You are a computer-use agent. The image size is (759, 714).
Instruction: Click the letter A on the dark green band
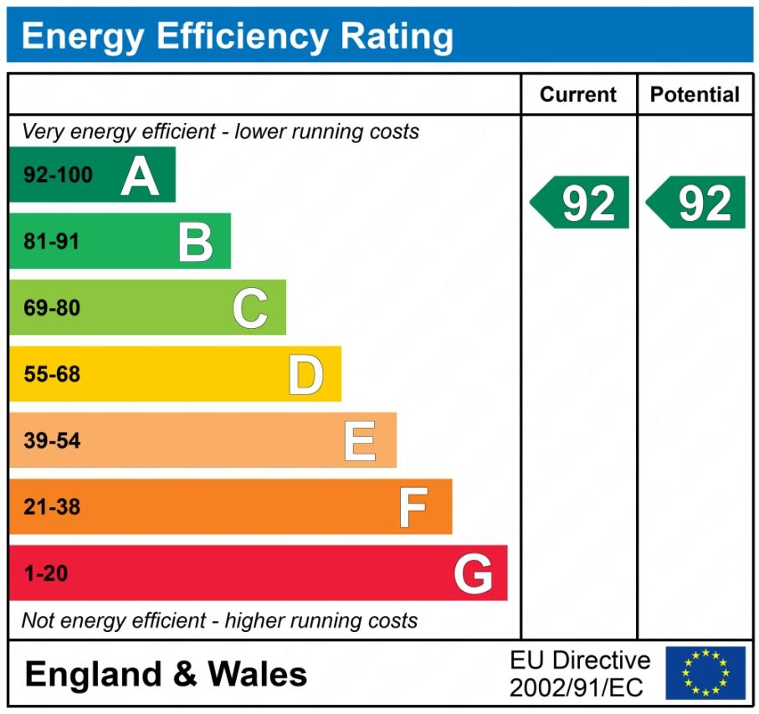tap(140, 176)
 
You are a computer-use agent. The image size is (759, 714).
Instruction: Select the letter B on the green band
tap(196, 242)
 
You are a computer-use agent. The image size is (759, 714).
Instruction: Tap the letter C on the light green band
tap(250, 308)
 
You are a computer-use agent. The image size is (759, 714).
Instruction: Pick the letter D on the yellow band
tap(305, 374)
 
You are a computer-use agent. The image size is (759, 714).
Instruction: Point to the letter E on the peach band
tap(360, 441)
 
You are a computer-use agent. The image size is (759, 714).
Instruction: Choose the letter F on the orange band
tap(413, 507)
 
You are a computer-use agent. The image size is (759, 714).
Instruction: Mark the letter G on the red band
tap(473, 574)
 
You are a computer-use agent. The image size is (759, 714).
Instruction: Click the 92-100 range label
tap(58, 176)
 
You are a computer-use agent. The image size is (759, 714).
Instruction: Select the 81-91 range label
tap(52, 242)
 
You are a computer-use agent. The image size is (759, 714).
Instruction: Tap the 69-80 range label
tap(52, 308)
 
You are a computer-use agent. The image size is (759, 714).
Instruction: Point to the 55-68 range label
tap(52, 374)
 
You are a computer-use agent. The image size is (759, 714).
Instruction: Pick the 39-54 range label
tap(52, 441)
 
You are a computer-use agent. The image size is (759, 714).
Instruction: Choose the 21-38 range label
tap(52, 507)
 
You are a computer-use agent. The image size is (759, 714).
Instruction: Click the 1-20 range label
tap(46, 574)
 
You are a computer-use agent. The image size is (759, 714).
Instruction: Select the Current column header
tap(578, 95)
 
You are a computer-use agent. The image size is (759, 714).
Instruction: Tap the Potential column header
tap(695, 95)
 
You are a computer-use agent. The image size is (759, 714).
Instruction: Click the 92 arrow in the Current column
tap(581, 203)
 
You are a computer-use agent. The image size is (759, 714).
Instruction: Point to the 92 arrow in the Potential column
tap(697, 203)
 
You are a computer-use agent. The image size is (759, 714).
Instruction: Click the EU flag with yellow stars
tap(705, 672)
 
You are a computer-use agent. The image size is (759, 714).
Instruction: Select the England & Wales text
tap(166, 675)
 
